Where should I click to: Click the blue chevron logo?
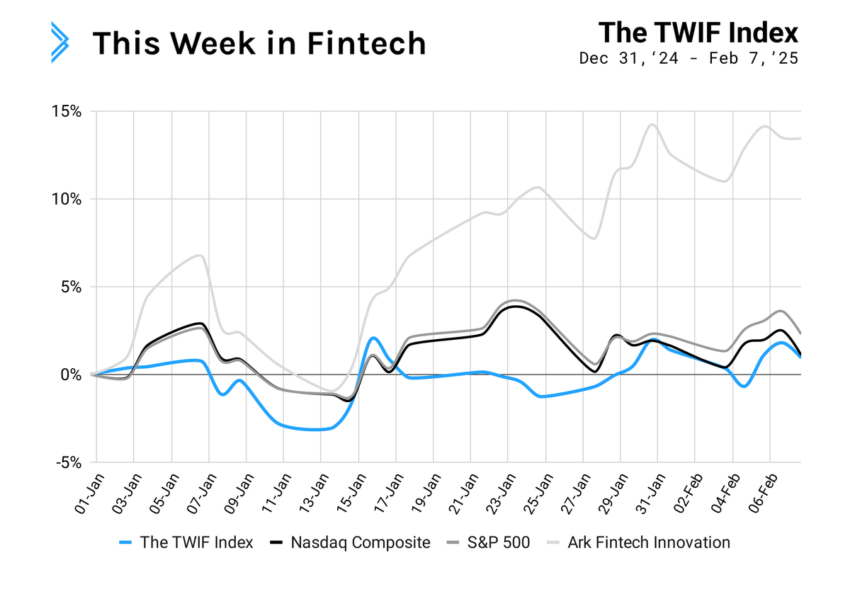click(x=59, y=43)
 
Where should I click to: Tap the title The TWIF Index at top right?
click(x=698, y=33)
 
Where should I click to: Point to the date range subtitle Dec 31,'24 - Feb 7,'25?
click(x=688, y=59)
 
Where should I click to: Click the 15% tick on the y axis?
click(x=67, y=112)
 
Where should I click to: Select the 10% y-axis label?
click(x=67, y=200)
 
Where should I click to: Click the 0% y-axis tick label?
click(x=72, y=375)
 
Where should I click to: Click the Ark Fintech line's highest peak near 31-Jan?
click(x=652, y=125)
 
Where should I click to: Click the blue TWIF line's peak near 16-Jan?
click(x=373, y=338)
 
